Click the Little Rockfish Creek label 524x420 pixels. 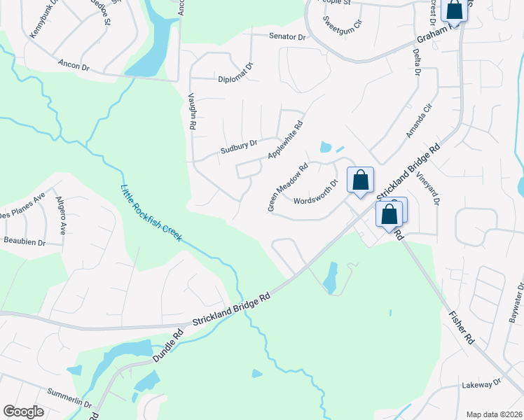pyautogui.click(x=152, y=213)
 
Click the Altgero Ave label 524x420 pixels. pyautogui.click(x=61, y=215)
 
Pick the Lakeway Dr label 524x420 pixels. pyautogui.click(x=482, y=384)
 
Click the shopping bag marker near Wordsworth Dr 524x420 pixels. pyautogui.click(x=360, y=181)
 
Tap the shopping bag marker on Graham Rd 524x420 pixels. pyautogui.click(x=455, y=10)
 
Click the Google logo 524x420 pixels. pyautogui.click(x=23, y=411)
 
